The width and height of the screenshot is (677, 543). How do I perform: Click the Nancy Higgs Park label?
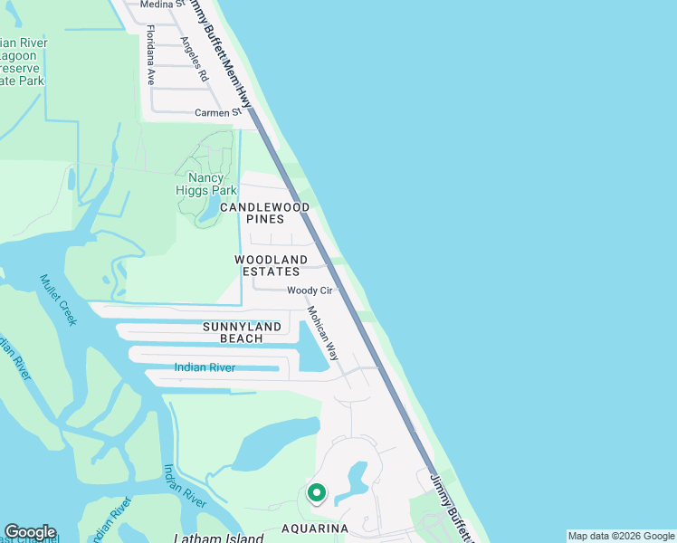click(205, 184)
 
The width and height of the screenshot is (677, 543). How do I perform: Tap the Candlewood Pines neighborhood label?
click(264, 213)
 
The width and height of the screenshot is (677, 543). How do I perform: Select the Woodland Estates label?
click(272, 265)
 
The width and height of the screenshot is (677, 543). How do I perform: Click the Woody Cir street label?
click(310, 291)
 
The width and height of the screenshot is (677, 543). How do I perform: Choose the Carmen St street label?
click(221, 113)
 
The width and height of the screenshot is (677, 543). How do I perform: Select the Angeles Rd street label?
click(194, 59)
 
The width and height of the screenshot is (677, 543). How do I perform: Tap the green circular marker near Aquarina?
click(316, 493)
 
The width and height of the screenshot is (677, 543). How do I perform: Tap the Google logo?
click(30, 532)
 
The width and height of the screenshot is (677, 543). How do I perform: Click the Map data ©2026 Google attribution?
click(621, 536)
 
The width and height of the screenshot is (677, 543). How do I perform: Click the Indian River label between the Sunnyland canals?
click(205, 367)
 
